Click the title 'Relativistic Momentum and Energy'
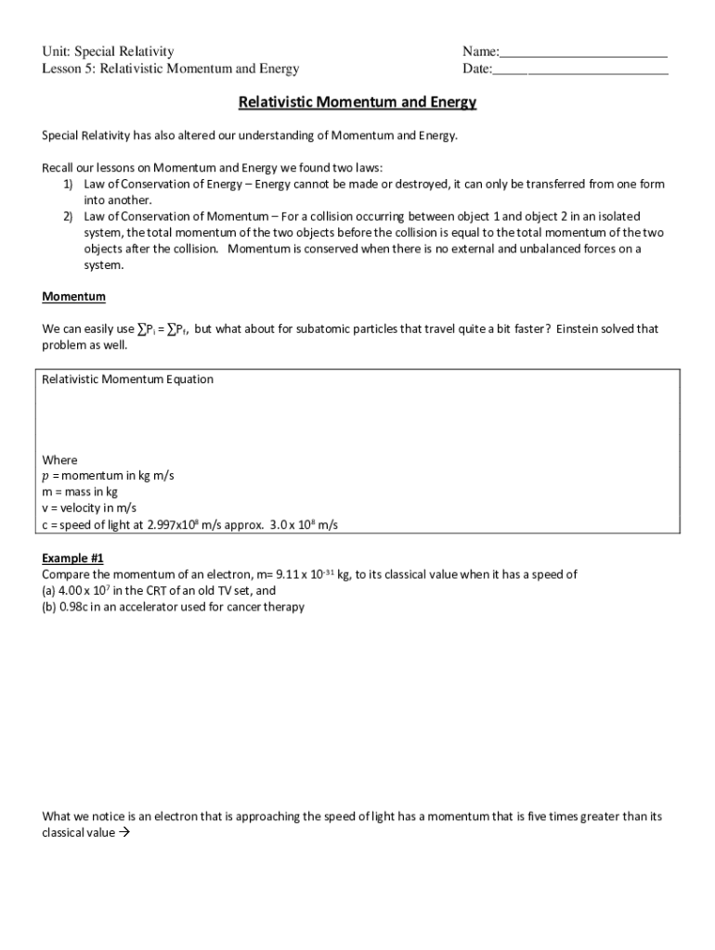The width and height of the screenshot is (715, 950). (x=357, y=102)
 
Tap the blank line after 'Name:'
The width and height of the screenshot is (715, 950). (x=583, y=52)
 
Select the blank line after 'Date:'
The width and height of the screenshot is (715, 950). (x=579, y=69)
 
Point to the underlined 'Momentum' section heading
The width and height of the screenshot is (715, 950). (x=74, y=297)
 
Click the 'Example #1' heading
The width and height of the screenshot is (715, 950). (x=73, y=558)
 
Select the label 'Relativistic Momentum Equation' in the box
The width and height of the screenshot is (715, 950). (x=128, y=379)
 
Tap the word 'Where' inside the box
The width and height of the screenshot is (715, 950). (x=60, y=460)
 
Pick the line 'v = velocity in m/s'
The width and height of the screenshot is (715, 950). (x=89, y=508)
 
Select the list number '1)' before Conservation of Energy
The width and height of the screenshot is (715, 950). (x=69, y=185)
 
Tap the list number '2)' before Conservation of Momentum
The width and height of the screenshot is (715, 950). (x=69, y=216)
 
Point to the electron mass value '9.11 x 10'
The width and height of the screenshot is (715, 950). (x=299, y=575)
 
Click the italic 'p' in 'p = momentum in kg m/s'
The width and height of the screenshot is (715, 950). (x=46, y=476)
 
